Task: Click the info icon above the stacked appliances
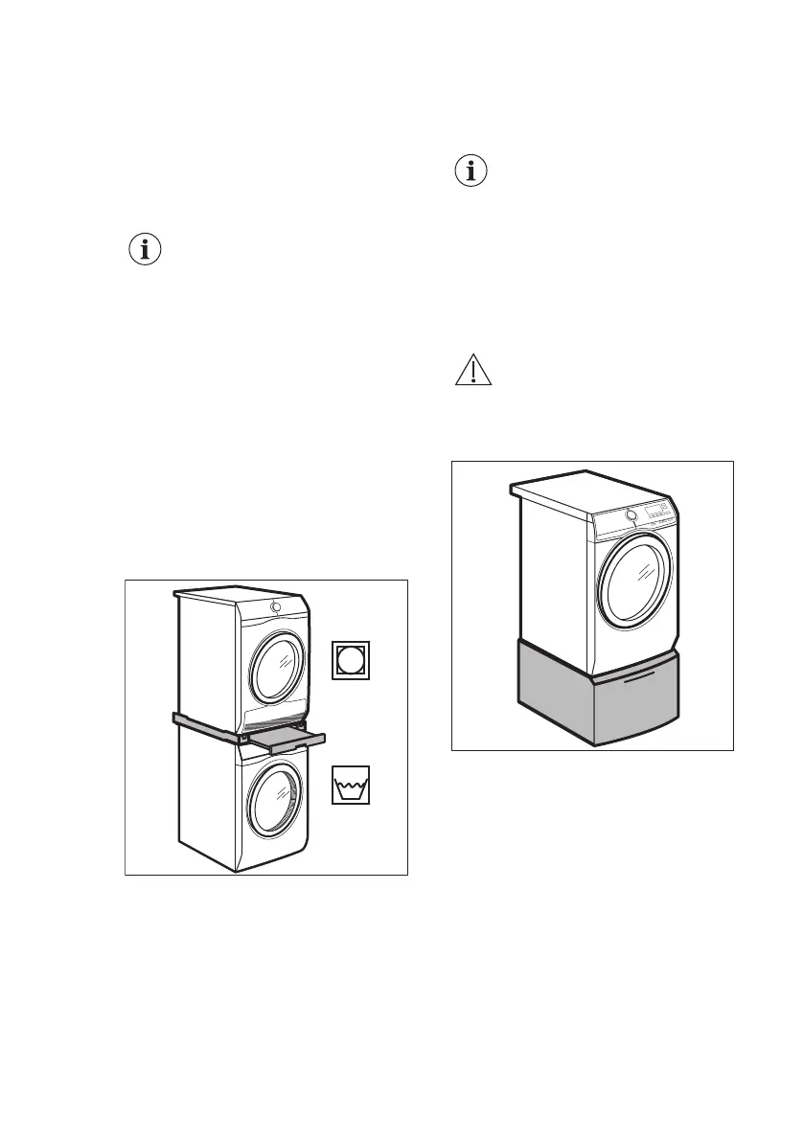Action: pos(145,250)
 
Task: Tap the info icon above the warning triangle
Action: pos(470,171)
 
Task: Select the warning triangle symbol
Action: pos(471,371)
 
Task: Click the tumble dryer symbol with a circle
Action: pos(351,660)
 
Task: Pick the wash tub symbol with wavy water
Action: pos(351,785)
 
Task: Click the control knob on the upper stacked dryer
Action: pos(276,606)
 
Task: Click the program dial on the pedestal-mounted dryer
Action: pos(632,516)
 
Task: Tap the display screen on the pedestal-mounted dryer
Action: pos(655,511)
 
